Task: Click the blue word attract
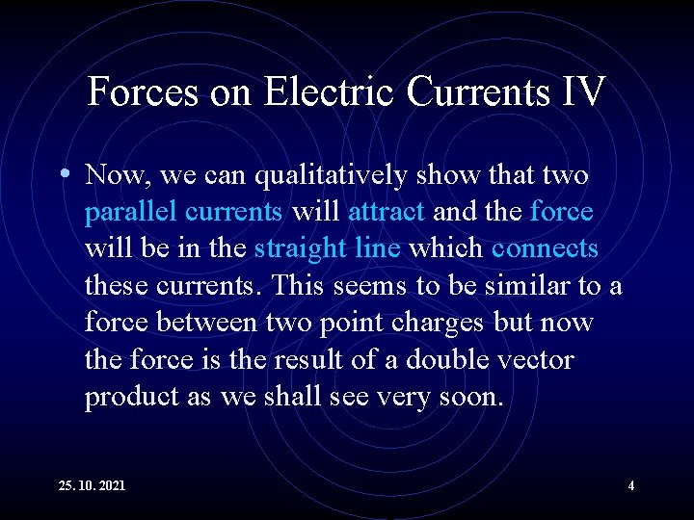pyautogui.click(x=386, y=212)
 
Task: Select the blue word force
pyautogui.click(x=561, y=212)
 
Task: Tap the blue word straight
pyautogui.click(x=295, y=248)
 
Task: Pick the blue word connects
pyautogui.click(x=545, y=248)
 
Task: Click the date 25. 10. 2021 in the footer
pyautogui.click(x=93, y=486)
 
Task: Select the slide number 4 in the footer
pyautogui.click(x=631, y=486)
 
